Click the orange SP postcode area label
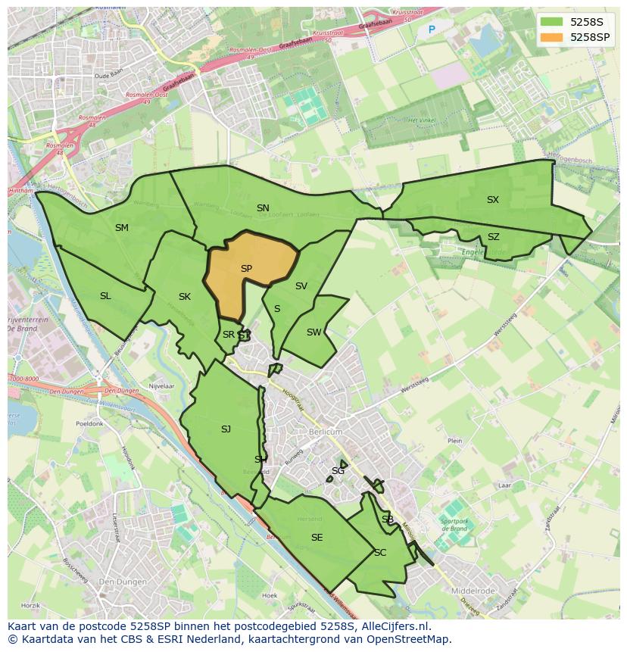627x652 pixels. [246, 269]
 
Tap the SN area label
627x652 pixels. [263, 208]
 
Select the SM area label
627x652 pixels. [122, 228]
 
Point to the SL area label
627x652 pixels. [105, 296]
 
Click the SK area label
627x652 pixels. [185, 297]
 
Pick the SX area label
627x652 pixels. [493, 200]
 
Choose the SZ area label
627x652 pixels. [494, 237]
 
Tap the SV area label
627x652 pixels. [301, 286]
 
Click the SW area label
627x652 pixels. [313, 332]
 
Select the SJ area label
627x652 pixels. [226, 429]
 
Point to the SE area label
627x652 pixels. [317, 538]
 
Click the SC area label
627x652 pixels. [380, 553]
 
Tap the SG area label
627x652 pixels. [338, 471]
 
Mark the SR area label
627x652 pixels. [228, 335]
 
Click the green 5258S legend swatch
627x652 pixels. [552, 21]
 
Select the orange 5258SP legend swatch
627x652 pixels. [552, 37]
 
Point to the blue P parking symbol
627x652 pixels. [432, 30]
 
